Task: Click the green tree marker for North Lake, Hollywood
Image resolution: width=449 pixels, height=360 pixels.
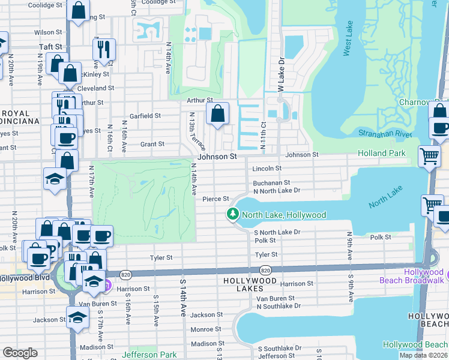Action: [x=232, y=214]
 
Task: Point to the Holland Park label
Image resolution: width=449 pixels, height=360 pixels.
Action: [x=382, y=154]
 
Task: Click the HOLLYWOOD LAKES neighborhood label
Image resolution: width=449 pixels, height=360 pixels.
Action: [x=250, y=281]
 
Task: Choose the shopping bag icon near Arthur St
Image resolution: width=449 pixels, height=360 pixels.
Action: [x=217, y=113]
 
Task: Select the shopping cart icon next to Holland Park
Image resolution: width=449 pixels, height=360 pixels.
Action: [x=430, y=155]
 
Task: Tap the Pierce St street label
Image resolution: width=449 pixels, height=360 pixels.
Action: [x=216, y=199]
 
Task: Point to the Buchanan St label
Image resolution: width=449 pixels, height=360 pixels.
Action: [x=271, y=182]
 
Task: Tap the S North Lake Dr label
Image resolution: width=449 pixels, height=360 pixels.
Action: [x=277, y=232]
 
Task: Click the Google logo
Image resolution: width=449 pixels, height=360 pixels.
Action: [x=20, y=353]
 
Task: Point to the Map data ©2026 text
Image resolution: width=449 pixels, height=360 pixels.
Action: [x=424, y=355]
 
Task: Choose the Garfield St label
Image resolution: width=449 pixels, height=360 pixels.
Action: [x=146, y=116]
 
